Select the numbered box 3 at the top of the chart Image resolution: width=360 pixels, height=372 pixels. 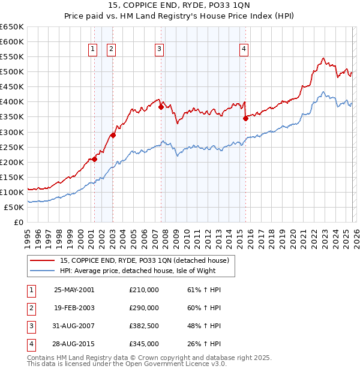(159, 50)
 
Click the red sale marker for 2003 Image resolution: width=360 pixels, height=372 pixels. (113, 135)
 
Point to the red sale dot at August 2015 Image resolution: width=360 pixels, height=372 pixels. (245, 118)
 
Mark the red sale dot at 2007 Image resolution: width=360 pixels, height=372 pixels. (161, 107)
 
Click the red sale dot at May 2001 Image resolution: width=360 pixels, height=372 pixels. (94, 159)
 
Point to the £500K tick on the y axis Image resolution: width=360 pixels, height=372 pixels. (12, 72)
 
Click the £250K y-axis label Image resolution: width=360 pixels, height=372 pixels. (12, 147)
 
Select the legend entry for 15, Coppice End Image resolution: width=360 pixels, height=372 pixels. (144, 260)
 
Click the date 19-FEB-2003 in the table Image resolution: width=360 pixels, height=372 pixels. (74, 308)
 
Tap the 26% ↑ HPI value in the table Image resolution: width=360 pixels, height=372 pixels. (204, 344)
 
